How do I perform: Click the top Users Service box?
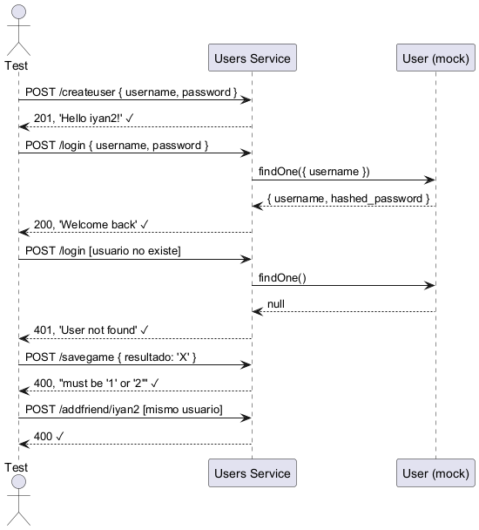click(253, 58)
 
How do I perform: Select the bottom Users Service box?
click(253, 472)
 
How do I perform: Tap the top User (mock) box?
click(435, 58)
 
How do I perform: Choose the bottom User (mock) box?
click(435, 472)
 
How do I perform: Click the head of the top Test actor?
click(18, 12)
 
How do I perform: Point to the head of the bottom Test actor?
click(18, 482)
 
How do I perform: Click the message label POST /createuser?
click(131, 92)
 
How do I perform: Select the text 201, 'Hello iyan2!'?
click(78, 119)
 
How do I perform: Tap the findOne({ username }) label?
click(314, 172)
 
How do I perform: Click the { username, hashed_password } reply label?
click(348, 198)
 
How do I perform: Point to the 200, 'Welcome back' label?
click(85, 224)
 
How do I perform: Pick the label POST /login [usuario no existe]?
click(103, 251)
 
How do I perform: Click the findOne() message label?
click(282, 277)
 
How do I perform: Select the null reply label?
click(276, 304)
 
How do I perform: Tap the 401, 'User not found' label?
click(85, 330)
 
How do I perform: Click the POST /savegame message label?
click(111, 357)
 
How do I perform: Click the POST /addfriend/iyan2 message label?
click(124, 410)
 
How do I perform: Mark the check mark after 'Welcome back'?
click(145, 224)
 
